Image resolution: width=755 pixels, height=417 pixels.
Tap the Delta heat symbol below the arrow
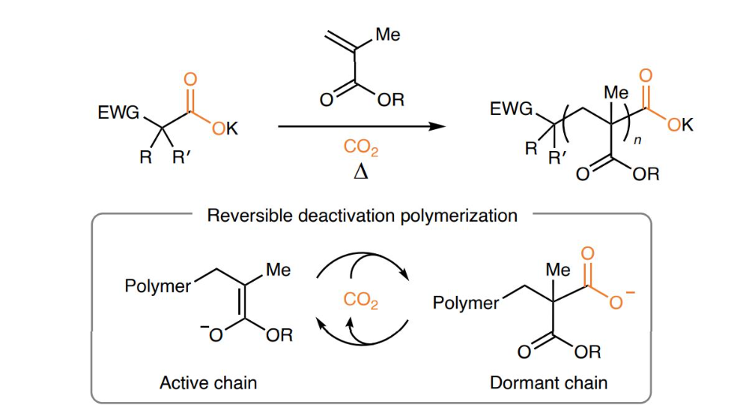point(360,172)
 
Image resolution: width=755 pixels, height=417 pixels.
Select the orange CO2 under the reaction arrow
point(360,146)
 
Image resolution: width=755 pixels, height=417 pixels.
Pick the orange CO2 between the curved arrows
point(361,300)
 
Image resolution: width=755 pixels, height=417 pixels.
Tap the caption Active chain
point(208,383)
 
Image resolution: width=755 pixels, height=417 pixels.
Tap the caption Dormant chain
point(549,383)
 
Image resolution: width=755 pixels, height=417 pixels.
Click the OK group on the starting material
point(226,130)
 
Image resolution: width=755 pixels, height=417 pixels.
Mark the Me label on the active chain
point(278,270)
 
